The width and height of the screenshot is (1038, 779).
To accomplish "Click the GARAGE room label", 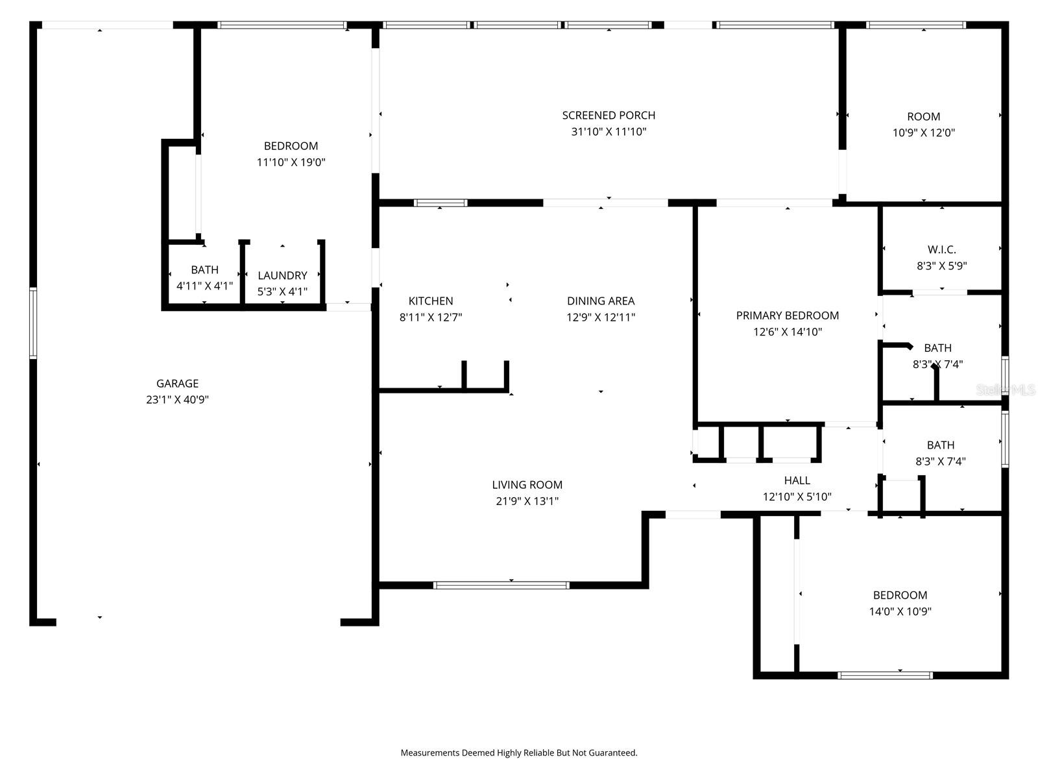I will [177, 384].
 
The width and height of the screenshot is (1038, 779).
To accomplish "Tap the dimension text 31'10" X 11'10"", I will [608, 132].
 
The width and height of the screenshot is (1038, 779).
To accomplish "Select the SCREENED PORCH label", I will [608, 116].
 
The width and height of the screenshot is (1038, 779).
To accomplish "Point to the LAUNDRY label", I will [282, 276].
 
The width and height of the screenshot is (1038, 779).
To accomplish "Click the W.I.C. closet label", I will [941, 249].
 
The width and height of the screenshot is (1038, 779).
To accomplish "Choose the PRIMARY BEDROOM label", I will [787, 315].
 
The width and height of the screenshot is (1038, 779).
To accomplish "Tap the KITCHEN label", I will [430, 301].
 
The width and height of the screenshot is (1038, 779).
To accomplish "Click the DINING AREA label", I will [600, 301].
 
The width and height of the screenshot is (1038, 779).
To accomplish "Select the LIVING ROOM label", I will [527, 485].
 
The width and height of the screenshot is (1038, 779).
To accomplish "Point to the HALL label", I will [797, 480].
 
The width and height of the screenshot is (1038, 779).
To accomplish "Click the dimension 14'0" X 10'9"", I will [900, 612].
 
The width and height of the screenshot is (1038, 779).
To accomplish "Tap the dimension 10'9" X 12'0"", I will [923, 133].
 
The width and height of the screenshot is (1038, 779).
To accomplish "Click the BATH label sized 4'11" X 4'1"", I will [204, 270].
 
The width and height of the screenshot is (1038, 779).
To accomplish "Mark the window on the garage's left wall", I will [33, 323].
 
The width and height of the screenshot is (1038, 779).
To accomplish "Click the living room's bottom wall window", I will [501, 585].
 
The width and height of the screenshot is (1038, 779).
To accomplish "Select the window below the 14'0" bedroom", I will [885, 675].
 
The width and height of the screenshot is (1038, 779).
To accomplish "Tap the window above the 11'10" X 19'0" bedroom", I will [282, 25].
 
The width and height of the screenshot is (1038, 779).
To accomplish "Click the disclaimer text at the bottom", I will [518, 753].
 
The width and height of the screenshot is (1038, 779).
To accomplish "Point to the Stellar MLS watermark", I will [1005, 390].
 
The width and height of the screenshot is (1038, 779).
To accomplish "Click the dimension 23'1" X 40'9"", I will [177, 400].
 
